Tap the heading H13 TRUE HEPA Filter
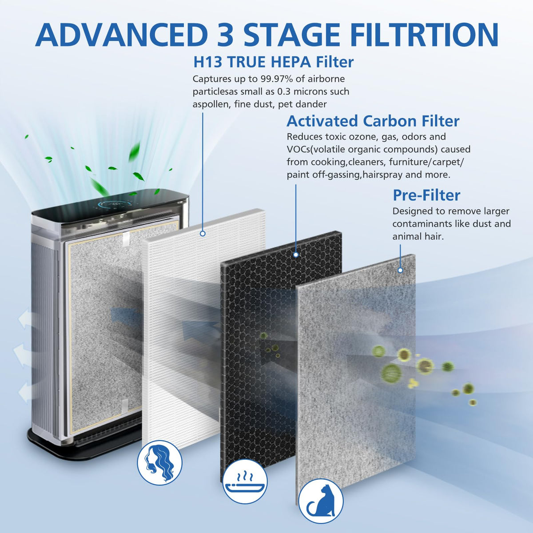click(x=273, y=62)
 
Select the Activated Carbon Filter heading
click(x=373, y=121)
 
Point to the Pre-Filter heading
click(x=426, y=195)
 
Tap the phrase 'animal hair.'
click(x=418, y=236)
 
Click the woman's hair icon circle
click(x=159, y=463)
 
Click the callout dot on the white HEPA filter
click(x=203, y=234)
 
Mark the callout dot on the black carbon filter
click(x=296, y=255)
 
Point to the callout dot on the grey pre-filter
click(x=400, y=270)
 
